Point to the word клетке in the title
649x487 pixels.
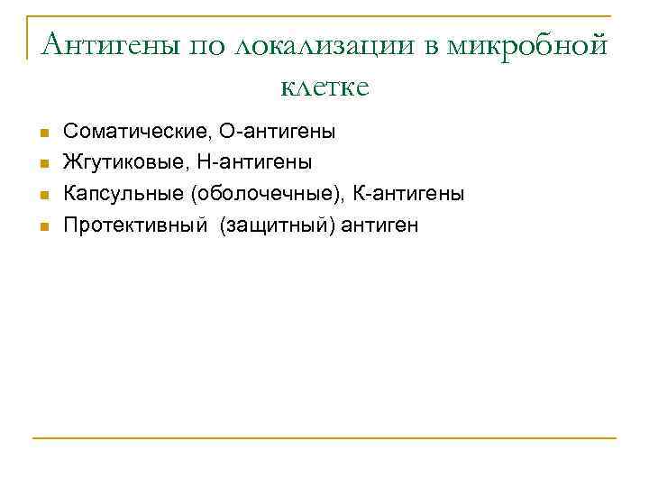click(324, 87)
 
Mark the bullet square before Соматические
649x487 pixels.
click(42, 133)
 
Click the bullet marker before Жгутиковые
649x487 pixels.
click(42, 164)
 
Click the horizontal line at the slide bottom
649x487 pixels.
click(324, 439)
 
